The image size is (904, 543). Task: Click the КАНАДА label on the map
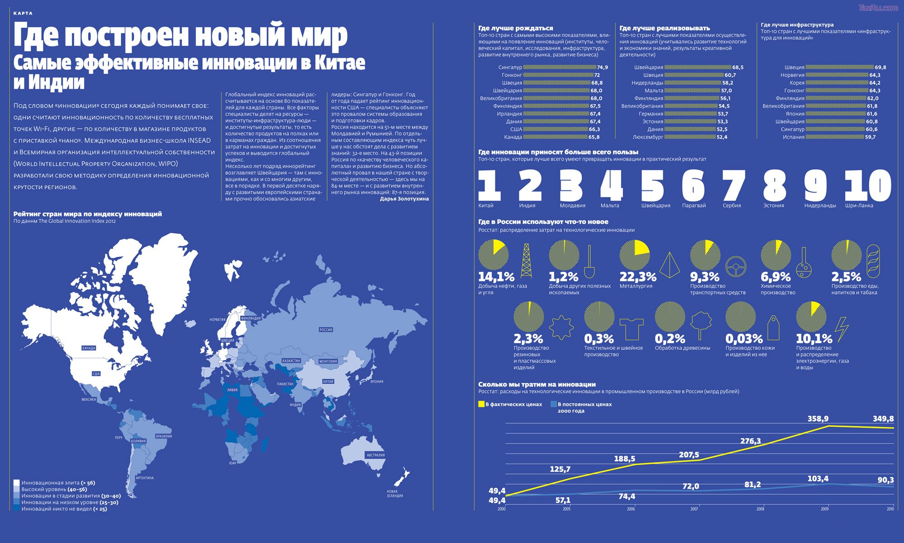coord(89,348)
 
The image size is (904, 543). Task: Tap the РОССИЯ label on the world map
coord(326,329)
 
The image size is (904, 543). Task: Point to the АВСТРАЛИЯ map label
coord(376,455)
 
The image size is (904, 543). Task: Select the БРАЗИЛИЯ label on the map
coord(164,436)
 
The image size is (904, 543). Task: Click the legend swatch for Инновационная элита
coord(17,483)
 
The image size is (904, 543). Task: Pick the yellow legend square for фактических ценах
coord(481,404)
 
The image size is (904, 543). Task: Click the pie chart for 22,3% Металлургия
coord(634,255)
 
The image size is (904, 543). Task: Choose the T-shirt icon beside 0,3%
coord(628,328)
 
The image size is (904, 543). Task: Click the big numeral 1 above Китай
coord(490,185)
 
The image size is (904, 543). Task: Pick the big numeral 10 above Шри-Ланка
coord(868,185)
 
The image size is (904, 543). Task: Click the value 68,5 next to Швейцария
coord(738,67)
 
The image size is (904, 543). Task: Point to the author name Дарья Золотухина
coord(404,198)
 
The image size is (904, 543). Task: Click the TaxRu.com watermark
coord(880,8)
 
